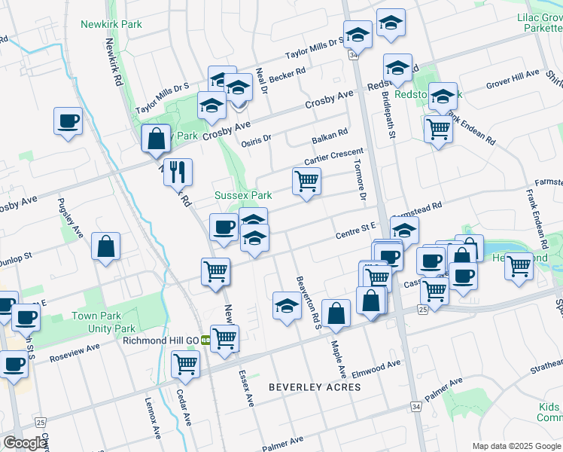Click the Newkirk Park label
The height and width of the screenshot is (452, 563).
tap(111, 24)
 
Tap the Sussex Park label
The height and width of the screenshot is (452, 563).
tap(243, 195)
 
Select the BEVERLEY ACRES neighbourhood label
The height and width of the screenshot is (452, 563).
tap(315, 387)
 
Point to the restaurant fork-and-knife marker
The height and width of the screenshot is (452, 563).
tap(178, 173)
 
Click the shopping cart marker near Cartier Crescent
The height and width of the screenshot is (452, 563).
tap(306, 181)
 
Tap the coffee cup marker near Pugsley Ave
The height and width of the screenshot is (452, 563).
tap(68, 121)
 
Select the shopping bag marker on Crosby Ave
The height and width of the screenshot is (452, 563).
tap(156, 139)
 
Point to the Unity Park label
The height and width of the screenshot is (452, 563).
tap(113, 328)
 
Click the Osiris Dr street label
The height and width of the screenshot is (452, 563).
tap(256, 140)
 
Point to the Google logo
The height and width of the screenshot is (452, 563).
tap(24, 443)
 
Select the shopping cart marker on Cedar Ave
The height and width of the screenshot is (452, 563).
tap(185, 365)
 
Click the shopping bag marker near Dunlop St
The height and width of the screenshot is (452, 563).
tap(106, 246)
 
